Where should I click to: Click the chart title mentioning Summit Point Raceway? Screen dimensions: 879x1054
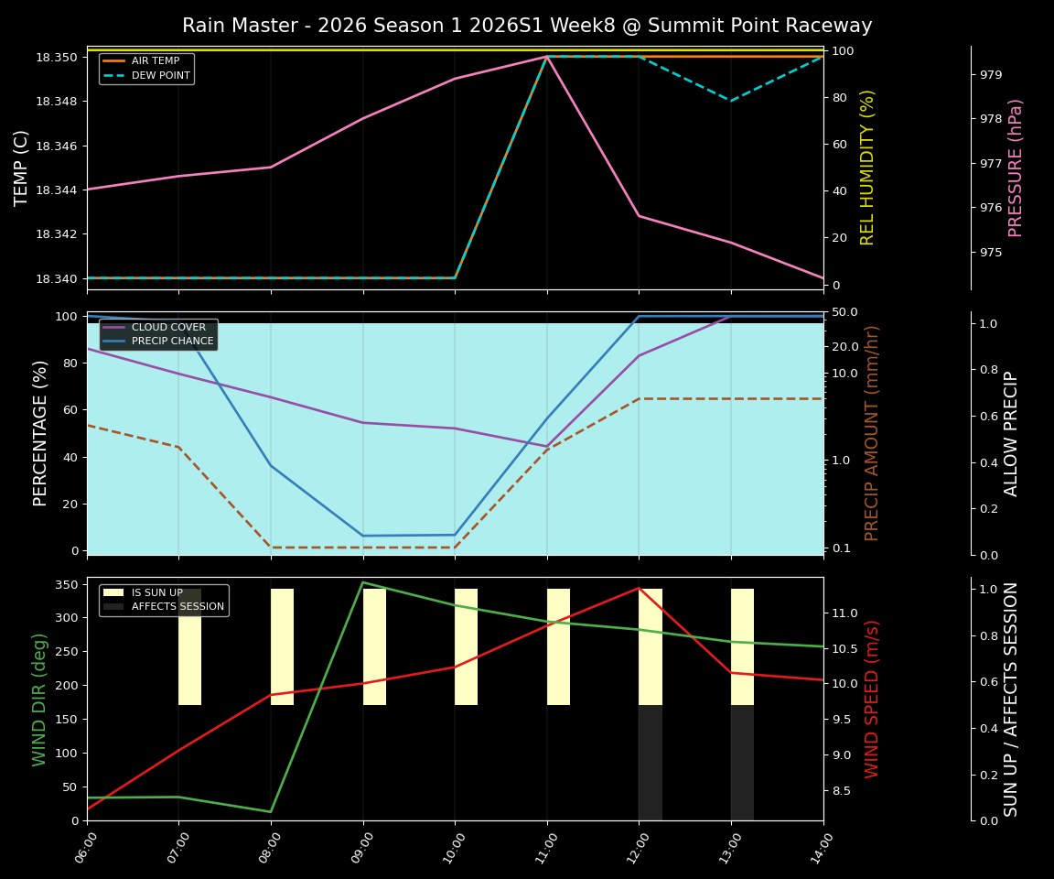click(527, 26)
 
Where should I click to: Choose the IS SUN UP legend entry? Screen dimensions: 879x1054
click(156, 593)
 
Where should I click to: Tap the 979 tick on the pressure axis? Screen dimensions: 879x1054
click(991, 74)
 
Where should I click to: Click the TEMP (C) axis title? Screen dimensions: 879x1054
click(22, 168)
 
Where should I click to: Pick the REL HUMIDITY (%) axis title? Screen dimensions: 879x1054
click(867, 168)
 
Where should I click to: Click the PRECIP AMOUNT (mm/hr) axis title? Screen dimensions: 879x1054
click(872, 433)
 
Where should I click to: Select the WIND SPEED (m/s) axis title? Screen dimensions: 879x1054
click(872, 699)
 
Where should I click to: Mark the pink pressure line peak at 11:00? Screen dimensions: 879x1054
click(547, 57)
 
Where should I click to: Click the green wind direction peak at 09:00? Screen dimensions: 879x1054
click(363, 582)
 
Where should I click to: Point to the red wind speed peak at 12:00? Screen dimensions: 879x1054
click(639, 588)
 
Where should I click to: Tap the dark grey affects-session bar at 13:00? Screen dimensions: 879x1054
click(742, 763)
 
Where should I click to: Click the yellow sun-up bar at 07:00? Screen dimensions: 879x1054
click(189, 646)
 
